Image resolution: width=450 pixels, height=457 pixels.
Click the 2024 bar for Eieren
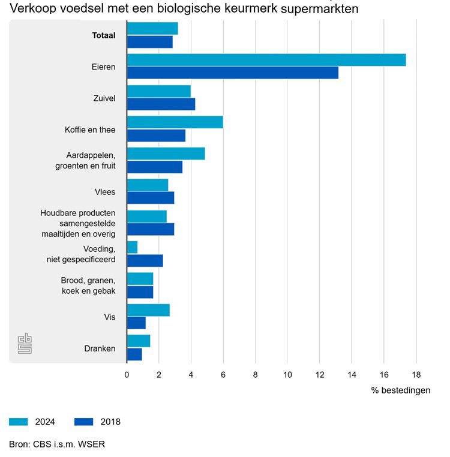(x=266, y=60)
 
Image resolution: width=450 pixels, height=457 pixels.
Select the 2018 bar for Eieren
(x=232, y=73)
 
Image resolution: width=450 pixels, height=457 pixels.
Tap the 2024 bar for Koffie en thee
(x=175, y=122)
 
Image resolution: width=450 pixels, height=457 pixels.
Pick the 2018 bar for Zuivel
(x=161, y=104)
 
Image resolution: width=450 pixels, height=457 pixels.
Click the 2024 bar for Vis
(x=148, y=309)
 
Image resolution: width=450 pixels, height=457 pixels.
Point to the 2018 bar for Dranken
(x=134, y=354)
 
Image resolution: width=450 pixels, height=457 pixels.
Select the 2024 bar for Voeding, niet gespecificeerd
(x=132, y=247)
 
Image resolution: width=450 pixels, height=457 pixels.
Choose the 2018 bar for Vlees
(x=151, y=198)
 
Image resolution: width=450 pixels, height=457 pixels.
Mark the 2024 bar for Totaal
(x=152, y=29)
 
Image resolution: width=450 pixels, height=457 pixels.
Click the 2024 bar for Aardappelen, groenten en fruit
(x=166, y=154)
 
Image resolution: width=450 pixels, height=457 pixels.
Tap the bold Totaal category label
(x=103, y=35)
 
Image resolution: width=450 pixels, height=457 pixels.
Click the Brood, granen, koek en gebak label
(x=88, y=286)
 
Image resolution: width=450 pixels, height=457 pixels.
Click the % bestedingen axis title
(x=400, y=390)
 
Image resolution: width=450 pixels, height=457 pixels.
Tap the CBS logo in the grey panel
(x=25, y=344)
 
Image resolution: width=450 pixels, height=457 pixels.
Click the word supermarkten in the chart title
(x=321, y=10)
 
